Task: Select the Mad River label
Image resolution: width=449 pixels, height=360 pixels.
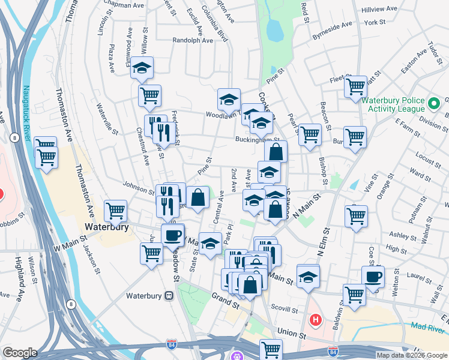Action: [427, 328]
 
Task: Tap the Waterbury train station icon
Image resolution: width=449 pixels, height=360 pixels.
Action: [170, 296]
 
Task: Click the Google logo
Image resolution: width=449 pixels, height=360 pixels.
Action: [20, 352]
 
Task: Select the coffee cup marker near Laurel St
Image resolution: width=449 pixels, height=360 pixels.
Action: [373, 277]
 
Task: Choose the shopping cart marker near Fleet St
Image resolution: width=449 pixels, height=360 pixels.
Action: [355, 86]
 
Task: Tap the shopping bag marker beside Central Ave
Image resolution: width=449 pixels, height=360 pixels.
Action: [197, 196]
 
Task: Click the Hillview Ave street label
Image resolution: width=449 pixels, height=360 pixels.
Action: [379, 10]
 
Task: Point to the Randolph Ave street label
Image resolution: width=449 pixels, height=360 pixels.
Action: [192, 41]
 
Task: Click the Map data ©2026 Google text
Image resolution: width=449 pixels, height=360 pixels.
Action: [412, 355]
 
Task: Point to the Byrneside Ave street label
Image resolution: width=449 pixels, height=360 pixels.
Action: [332, 28]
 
